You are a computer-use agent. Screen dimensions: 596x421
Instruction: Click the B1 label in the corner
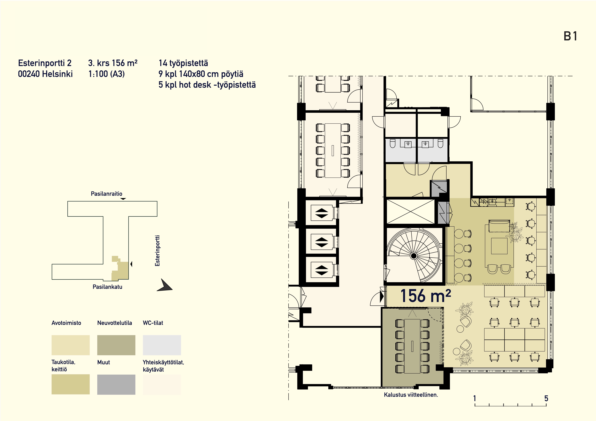tap(570, 36)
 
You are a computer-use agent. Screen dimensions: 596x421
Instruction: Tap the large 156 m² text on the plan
tap(426, 296)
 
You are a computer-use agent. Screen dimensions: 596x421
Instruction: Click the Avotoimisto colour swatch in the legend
tap(71, 345)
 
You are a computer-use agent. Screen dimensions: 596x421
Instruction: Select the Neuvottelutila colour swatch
tap(116, 345)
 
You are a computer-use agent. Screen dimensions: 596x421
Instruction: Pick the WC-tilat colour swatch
tap(162, 345)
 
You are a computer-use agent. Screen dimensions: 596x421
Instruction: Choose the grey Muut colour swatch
tap(116, 384)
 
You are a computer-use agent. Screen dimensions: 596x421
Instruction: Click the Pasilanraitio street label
tap(106, 194)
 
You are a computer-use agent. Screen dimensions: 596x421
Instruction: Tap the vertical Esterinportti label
tap(157, 251)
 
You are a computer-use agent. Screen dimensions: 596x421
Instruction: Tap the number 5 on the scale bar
tap(546, 398)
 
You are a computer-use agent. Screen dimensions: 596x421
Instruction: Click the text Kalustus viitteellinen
tap(411, 395)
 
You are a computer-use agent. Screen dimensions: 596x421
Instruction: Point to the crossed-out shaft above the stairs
tap(410, 211)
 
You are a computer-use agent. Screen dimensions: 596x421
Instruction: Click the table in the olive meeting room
tap(412, 346)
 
